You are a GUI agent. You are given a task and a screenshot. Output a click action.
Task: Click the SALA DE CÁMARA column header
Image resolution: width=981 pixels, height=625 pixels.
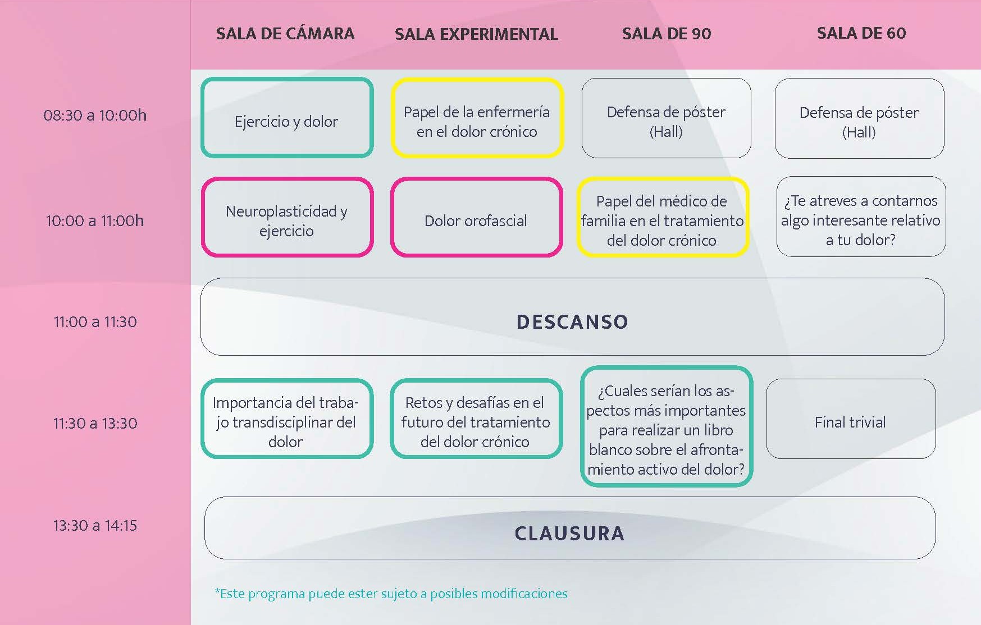pos(285,34)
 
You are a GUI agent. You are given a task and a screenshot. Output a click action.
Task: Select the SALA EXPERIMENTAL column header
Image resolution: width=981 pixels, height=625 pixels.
pos(476,34)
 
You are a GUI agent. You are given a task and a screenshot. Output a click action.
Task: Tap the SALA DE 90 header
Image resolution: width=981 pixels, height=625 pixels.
pos(667,34)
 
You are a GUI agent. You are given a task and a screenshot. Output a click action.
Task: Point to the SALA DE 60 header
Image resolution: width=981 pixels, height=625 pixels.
pos(861,33)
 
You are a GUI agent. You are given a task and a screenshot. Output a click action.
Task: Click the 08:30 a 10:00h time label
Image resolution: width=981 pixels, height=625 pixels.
pos(95,116)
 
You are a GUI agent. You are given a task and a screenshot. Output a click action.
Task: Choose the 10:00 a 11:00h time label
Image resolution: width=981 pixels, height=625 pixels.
pos(95,221)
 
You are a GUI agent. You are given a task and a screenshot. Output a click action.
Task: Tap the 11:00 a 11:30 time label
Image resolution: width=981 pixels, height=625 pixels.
pos(95,322)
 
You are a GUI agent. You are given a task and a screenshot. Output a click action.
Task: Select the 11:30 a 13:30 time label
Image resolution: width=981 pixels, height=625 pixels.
pos(95,423)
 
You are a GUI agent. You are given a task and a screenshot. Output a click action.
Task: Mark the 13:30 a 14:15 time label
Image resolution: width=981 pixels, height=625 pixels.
pos(95,526)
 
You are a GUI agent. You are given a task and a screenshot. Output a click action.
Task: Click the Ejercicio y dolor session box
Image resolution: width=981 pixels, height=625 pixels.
pos(287,117)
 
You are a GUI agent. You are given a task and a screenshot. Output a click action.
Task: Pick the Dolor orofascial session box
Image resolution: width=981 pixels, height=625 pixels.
pos(476,217)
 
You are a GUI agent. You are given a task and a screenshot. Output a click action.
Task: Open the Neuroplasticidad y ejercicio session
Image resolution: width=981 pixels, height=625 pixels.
pos(287,217)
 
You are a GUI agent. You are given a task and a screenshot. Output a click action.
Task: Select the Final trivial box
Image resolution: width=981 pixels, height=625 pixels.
pos(851,419)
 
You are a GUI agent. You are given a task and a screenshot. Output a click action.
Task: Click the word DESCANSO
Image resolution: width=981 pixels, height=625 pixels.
pos(572,322)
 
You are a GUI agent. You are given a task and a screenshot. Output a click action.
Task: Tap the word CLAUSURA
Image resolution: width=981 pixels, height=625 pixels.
pos(569,534)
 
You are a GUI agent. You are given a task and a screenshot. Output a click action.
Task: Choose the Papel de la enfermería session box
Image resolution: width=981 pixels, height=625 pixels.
pos(477,117)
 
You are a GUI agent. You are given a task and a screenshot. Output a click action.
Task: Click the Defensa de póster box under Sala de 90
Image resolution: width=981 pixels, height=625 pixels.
pos(666,118)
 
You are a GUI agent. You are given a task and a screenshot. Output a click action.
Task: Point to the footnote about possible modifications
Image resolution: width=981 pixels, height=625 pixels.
pos(391,594)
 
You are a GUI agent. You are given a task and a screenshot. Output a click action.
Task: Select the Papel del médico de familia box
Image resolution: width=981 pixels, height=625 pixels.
pos(663,217)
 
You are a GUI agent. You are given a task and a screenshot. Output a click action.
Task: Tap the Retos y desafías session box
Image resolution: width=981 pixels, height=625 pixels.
pos(476,419)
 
